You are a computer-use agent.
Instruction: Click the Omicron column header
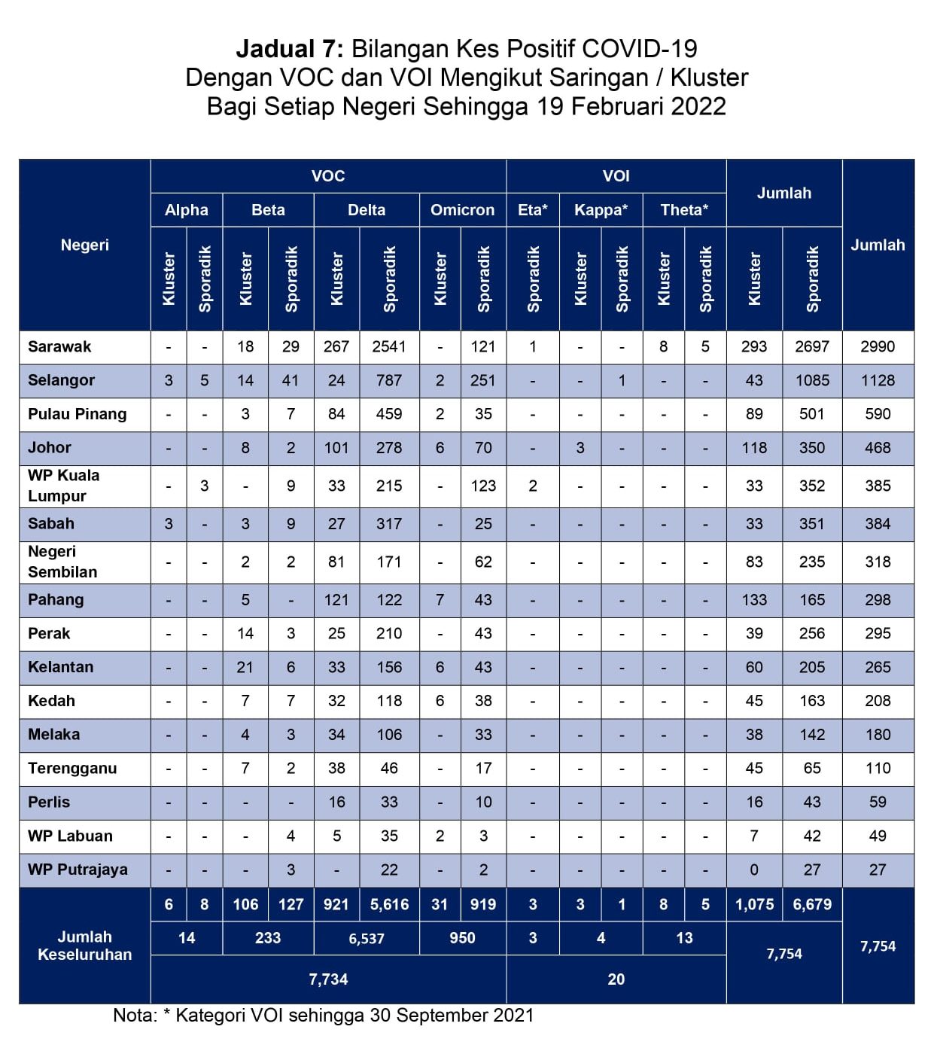pyautogui.click(x=462, y=210)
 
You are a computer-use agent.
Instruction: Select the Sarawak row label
pyautogui.click(x=59, y=347)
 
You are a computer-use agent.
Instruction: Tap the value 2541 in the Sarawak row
pyautogui.click(x=389, y=347)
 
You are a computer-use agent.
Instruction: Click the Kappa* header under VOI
pyautogui.click(x=601, y=210)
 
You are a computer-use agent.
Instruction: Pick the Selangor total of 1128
pyautogui.click(x=878, y=381)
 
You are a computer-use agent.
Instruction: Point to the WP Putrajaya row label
pyautogui.click(x=78, y=870)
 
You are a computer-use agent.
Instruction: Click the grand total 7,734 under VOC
pyautogui.click(x=328, y=979)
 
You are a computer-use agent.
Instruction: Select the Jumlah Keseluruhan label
pyautogui.click(x=85, y=946)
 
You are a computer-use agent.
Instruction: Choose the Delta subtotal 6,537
pyautogui.click(x=367, y=939)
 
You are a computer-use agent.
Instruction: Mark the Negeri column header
pyautogui.click(x=85, y=245)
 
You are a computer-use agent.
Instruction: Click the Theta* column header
pyautogui.click(x=684, y=210)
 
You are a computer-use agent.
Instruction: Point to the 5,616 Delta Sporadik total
pyautogui.click(x=389, y=905)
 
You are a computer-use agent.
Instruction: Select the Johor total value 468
pyautogui.click(x=878, y=448)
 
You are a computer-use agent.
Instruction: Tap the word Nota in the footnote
pyautogui.click(x=132, y=1016)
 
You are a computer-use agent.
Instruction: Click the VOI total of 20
pyautogui.click(x=616, y=979)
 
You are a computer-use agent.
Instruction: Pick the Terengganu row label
pyautogui.click(x=72, y=769)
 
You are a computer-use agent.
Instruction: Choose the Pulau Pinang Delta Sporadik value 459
pyautogui.click(x=389, y=414)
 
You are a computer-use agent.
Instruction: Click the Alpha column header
pyautogui.click(x=186, y=210)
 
